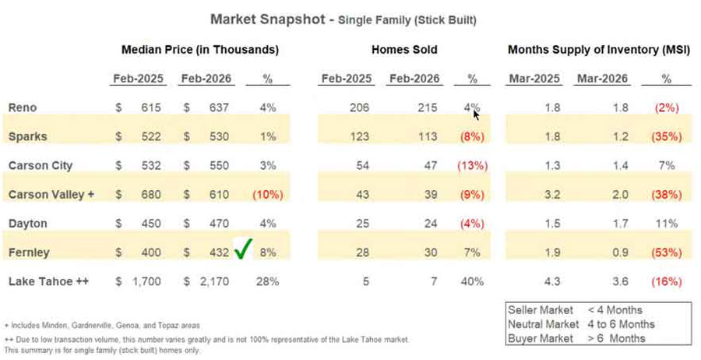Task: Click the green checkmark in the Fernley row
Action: point(244,251)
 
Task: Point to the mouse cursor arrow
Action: point(476,115)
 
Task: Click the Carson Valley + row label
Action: point(51,194)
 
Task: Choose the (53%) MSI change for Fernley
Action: point(665,252)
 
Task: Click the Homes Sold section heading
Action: point(404,50)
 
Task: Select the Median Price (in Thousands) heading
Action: point(199,50)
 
